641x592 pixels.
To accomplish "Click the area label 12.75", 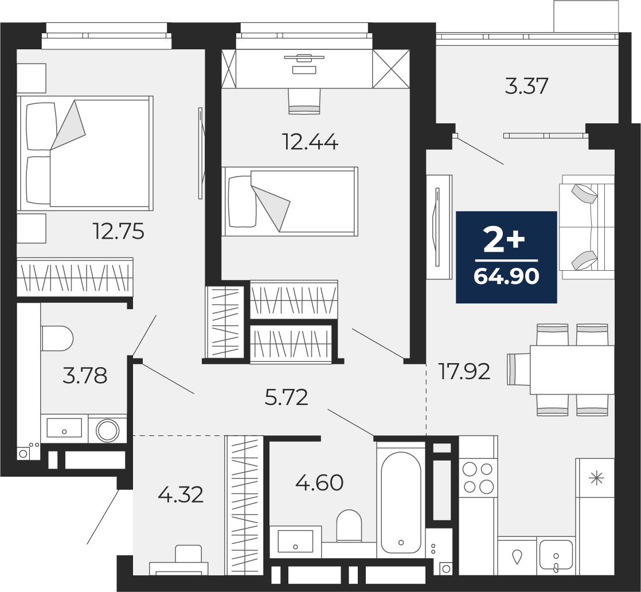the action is coord(119,231).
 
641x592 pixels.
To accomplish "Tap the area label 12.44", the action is coord(310,142).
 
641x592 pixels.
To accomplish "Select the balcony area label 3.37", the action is coord(526,86).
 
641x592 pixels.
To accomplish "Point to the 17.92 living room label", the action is coord(464,372).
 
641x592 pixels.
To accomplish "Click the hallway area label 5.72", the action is coord(286,398).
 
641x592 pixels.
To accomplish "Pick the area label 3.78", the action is coord(85,376).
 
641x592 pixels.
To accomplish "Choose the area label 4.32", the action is coord(180,495).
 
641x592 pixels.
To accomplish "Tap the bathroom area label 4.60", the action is coord(319,483).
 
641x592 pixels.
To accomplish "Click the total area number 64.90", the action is coord(506,277).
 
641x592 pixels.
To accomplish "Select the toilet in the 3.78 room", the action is coord(57,338).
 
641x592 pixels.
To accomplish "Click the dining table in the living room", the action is coord(572,370).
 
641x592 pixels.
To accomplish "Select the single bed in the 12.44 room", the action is coord(290,201).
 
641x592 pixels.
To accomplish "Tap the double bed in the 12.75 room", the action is coord(85,153).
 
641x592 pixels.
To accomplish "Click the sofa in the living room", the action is coord(588,227).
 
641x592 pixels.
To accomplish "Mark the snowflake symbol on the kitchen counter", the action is coord(597,478).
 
